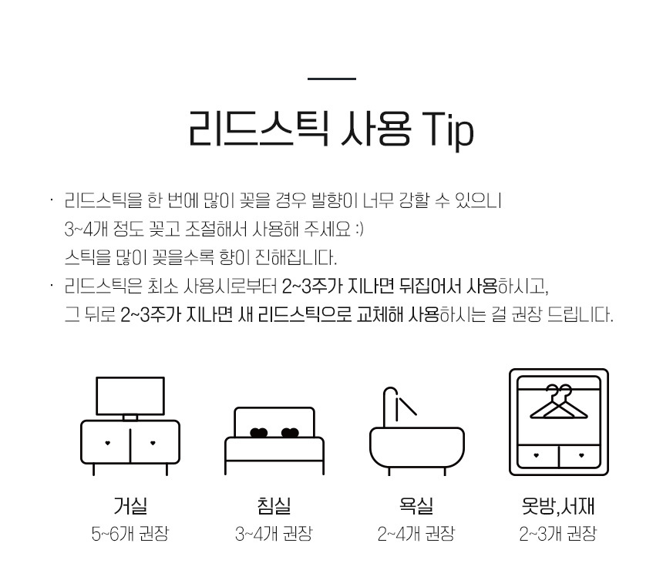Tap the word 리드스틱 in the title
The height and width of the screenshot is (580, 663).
pyautogui.click(x=259, y=129)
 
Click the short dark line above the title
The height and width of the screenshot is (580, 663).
pyautogui.click(x=332, y=79)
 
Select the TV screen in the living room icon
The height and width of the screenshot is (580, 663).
pyautogui.click(x=130, y=396)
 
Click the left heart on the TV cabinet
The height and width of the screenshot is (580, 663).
pyautogui.click(x=107, y=443)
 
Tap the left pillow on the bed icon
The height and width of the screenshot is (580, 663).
pyautogui.click(x=259, y=433)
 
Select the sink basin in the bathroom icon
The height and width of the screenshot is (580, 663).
pyautogui.click(x=417, y=448)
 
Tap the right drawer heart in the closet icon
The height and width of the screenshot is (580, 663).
pyautogui.click(x=581, y=455)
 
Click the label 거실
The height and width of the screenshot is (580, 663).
pyautogui.click(x=130, y=505)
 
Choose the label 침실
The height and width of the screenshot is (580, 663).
pyautogui.click(x=274, y=505)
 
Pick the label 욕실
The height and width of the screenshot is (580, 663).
pyautogui.click(x=416, y=505)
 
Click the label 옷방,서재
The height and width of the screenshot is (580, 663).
pyautogui.click(x=559, y=505)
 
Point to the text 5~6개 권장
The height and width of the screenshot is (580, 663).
pyautogui.click(x=130, y=534)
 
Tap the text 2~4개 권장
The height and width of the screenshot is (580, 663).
pyautogui.click(x=416, y=534)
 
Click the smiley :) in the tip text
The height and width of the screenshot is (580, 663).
pyautogui.click(x=359, y=230)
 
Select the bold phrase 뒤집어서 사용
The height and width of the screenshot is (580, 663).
pyautogui.click(x=449, y=287)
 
